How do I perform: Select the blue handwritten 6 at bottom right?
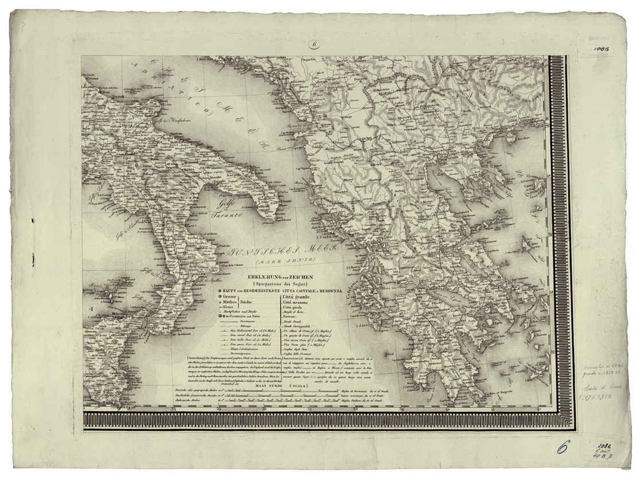pos(562,446)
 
